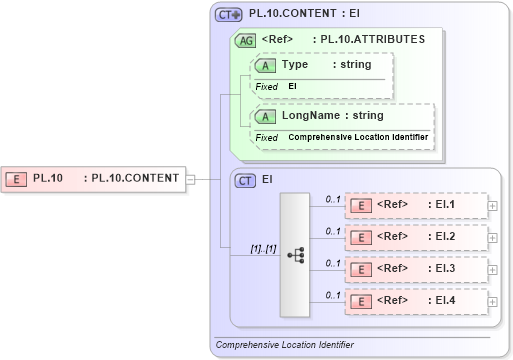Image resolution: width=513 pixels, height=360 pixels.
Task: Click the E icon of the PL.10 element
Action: coord(17,179)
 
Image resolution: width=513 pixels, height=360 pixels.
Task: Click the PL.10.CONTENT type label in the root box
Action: coord(135,179)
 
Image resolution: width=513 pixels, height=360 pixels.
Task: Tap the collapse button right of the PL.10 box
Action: coord(191,180)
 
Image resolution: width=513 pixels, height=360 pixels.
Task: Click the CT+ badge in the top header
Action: coord(229,15)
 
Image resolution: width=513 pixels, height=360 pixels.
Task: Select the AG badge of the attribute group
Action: coord(244,41)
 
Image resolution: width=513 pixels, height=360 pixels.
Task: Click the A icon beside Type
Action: coord(266,65)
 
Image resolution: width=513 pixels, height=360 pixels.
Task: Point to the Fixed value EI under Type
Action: coord(293,87)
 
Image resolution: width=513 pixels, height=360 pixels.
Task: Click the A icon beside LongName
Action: coord(266,116)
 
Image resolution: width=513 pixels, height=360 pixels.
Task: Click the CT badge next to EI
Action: coord(244,181)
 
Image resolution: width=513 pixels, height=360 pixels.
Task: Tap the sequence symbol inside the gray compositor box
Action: coord(296,255)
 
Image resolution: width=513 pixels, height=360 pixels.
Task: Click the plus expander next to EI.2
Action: coord(492,237)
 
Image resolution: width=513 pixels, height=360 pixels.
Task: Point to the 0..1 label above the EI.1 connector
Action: coord(333,199)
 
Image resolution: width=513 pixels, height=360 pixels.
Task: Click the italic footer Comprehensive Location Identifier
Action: coord(285,345)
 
